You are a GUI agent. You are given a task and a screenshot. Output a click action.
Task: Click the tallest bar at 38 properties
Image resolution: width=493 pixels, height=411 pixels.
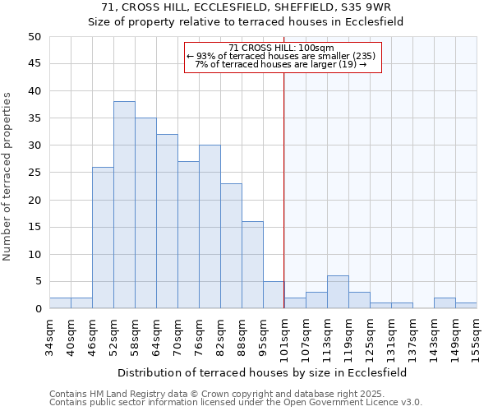pos(124,205)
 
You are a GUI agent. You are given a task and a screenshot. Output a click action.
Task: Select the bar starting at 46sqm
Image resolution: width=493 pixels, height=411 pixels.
pos(103,238)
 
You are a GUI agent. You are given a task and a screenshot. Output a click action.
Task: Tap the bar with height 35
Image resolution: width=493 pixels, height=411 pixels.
pos(145,213)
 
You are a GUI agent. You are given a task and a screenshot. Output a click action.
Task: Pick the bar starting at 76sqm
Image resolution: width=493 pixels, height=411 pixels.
pos(210,227)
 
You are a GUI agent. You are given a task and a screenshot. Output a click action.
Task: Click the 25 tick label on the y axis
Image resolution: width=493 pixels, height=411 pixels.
pos(35,173)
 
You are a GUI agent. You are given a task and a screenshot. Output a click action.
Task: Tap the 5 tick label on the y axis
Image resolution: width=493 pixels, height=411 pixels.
pos(38,282)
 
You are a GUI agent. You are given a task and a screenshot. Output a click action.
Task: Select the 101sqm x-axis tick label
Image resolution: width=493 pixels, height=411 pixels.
pos(284,336)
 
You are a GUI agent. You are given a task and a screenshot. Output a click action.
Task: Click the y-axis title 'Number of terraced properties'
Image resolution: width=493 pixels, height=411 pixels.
pos(7,177)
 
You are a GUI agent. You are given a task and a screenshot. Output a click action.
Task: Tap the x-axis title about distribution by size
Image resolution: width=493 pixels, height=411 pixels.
pos(262,372)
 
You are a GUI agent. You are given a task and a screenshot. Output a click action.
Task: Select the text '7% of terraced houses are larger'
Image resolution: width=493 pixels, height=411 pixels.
pos(265,64)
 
